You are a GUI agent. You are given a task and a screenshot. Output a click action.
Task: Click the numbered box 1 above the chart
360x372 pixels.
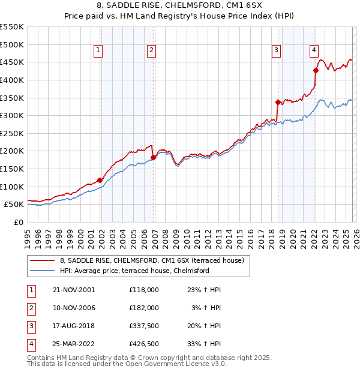coord(98,51)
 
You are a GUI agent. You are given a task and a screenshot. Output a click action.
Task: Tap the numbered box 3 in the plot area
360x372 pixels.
coord(276,51)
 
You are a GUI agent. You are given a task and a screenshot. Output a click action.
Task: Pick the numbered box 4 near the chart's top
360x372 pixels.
coord(314,51)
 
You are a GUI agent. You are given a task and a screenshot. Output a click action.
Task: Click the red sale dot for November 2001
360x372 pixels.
coord(100,180)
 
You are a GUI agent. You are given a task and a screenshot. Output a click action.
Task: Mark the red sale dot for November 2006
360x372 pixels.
coord(153,158)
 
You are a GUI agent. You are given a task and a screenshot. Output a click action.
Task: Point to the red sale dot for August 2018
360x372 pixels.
coord(278,102)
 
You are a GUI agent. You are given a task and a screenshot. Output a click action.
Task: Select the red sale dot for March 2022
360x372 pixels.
coord(316,70)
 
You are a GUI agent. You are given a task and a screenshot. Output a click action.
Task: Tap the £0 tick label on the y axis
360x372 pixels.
coord(18,222)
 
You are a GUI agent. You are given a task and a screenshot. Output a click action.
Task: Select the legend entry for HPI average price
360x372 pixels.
coord(134,271)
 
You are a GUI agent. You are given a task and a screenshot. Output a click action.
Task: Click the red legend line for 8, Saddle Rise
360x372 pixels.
coord(43,261)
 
